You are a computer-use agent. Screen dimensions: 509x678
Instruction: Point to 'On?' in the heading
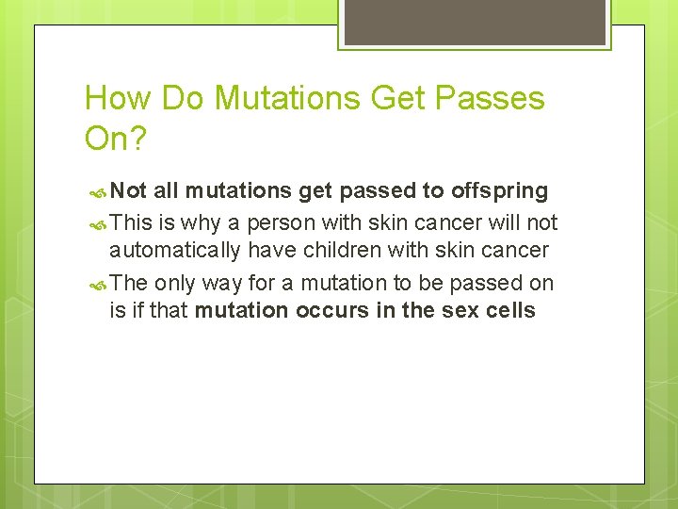(x=116, y=139)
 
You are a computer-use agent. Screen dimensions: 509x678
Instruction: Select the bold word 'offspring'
(x=499, y=191)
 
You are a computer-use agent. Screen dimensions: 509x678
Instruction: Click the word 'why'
(x=202, y=223)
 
